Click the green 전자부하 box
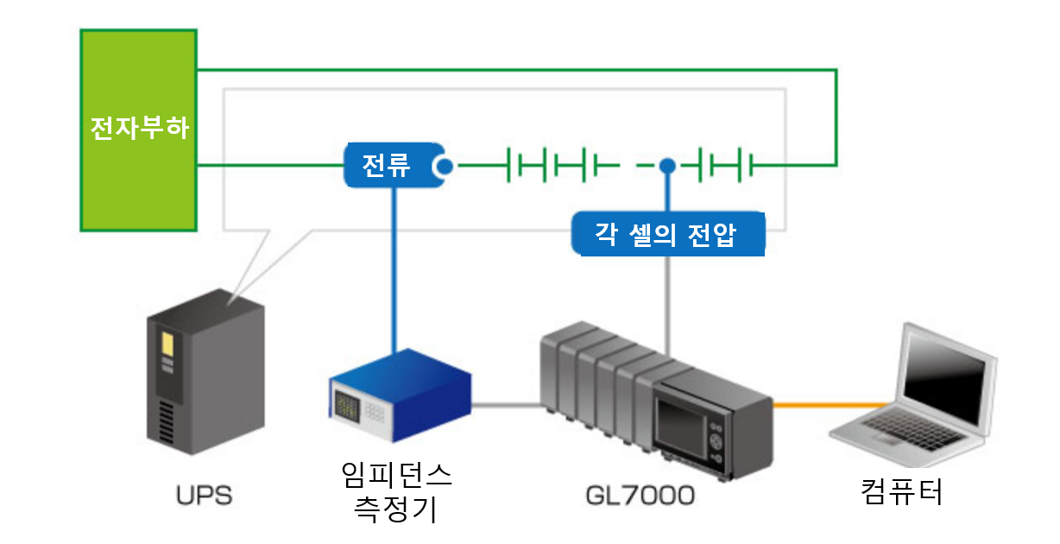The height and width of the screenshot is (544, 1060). click(138, 130)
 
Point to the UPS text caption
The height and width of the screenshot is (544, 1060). click(205, 497)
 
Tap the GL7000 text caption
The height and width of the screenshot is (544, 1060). click(640, 496)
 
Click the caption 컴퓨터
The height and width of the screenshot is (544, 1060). click(901, 491)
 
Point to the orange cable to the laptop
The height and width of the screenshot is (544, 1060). click(829, 403)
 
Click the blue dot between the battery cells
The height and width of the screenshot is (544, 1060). click(666, 165)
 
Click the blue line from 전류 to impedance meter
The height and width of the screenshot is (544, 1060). click(395, 268)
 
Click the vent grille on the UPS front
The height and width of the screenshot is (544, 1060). click(167, 423)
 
